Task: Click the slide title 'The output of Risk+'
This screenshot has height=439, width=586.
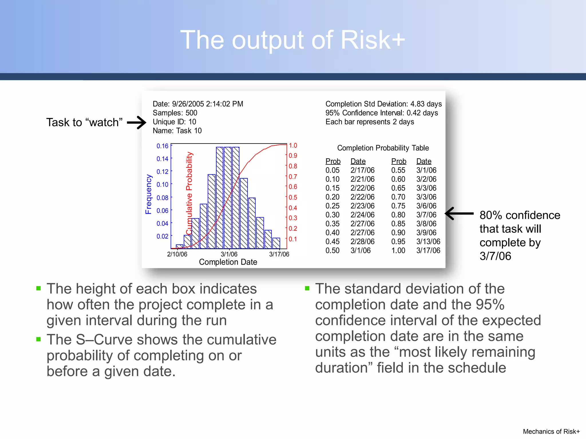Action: pyautogui.click(x=292, y=40)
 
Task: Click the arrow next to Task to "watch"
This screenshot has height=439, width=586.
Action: pyautogui.click(x=137, y=123)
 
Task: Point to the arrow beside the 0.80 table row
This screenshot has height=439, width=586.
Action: pyautogui.click(x=459, y=213)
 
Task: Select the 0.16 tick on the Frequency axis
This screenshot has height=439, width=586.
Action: pyautogui.click(x=162, y=146)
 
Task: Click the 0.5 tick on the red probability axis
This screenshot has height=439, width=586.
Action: pyautogui.click(x=293, y=197)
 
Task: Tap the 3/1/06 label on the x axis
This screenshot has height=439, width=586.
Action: pyautogui.click(x=229, y=254)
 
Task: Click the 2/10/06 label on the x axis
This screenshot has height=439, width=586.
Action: pyautogui.click(x=177, y=254)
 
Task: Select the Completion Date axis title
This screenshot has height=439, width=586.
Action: pyautogui.click(x=228, y=262)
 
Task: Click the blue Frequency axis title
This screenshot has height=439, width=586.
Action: pyautogui.click(x=149, y=194)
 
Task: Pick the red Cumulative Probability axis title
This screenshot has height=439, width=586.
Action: pyautogui.click(x=189, y=193)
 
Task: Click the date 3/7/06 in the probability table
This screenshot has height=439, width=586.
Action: pyautogui.click(x=426, y=215)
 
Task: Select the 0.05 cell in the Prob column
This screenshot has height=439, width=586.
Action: pyautogui.click(x=332, y=170)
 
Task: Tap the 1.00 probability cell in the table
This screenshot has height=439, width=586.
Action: pyautogui.click(x=398, y=251)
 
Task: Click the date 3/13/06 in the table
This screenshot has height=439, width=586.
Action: pyautogui.click(x=428, y=242)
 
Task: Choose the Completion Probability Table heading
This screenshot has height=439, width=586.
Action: pyautogui.click(x=383, y=148)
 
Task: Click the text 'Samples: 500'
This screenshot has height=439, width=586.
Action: pyautogui.click(x=175, y=113)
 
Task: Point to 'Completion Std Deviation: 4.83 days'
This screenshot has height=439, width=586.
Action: pyautogui.click(x=383, y=104)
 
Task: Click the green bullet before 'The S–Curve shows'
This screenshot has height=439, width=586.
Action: pyautogui.click(x=39, y=339)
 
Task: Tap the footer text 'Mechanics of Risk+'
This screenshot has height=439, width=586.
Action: pyautogui.click(x=551, y=431)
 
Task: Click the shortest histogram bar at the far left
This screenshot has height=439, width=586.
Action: pyautogui.click(x=179, y=246)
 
